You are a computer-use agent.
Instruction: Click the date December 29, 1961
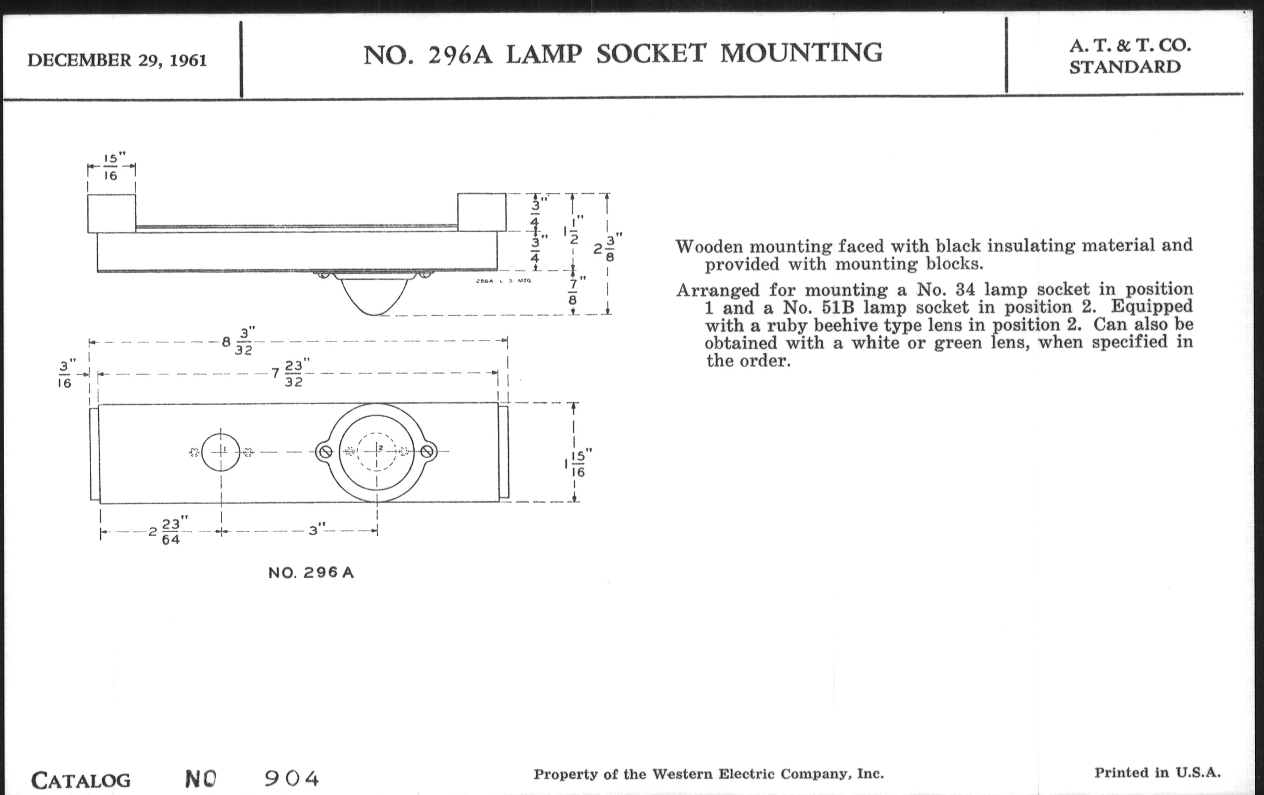coord(117,60)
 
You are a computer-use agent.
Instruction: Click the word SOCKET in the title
coord(651,54)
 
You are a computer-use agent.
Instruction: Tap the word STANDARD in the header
coord(1125,67)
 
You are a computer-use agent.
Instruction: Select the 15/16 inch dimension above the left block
coord(111,166)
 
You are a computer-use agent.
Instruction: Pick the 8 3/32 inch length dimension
coord(239,341)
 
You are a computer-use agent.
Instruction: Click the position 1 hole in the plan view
coord(220,452)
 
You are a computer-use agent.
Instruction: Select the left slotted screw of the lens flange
coord(325,452)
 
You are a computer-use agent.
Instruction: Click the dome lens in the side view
coord(374,297)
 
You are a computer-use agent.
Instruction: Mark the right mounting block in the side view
coord(482,213)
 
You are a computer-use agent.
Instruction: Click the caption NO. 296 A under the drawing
coord(311,573)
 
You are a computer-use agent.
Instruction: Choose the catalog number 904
coord(292,779)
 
